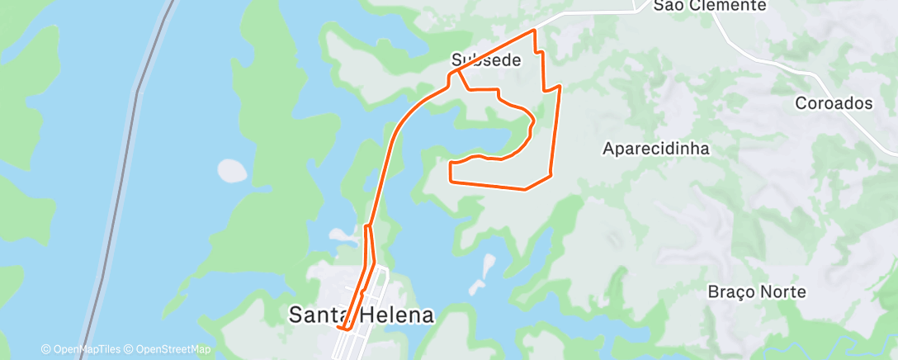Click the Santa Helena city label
click(x=361, y=315)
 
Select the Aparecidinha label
click(x=657, y=149)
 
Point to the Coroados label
click(x=834, y=103)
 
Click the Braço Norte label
click(x=757, y=291)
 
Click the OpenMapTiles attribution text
click(x=85, y=350)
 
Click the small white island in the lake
click(x=232, y=170)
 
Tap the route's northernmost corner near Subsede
click(x=535, y=31)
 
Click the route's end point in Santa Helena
click(x=340, y=328)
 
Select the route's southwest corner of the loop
click(x=450, y=178)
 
